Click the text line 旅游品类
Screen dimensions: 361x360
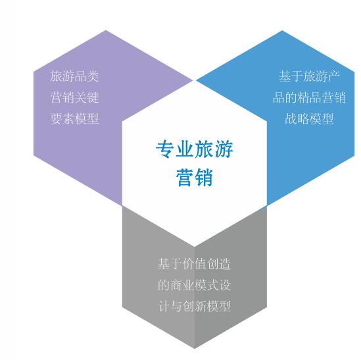74,76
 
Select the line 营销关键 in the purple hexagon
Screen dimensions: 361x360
74,97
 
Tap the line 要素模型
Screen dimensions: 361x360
74,118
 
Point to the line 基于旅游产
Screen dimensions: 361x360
309,76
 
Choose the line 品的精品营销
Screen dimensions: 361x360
309,97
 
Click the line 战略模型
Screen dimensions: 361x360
309,118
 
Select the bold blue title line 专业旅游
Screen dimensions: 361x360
195,149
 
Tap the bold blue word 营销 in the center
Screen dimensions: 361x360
195,177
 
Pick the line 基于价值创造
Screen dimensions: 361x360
195,264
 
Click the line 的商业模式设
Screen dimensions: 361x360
195,285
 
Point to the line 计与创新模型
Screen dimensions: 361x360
195,306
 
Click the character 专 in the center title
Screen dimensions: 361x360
165,149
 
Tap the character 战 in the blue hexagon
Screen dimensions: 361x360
291,118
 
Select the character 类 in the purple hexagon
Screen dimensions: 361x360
93,76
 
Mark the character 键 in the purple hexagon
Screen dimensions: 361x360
93,97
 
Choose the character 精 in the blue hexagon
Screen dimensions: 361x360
303,97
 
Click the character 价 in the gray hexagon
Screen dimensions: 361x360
188,264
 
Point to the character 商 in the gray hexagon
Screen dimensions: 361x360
176,285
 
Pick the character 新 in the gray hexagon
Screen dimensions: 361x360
201,306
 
